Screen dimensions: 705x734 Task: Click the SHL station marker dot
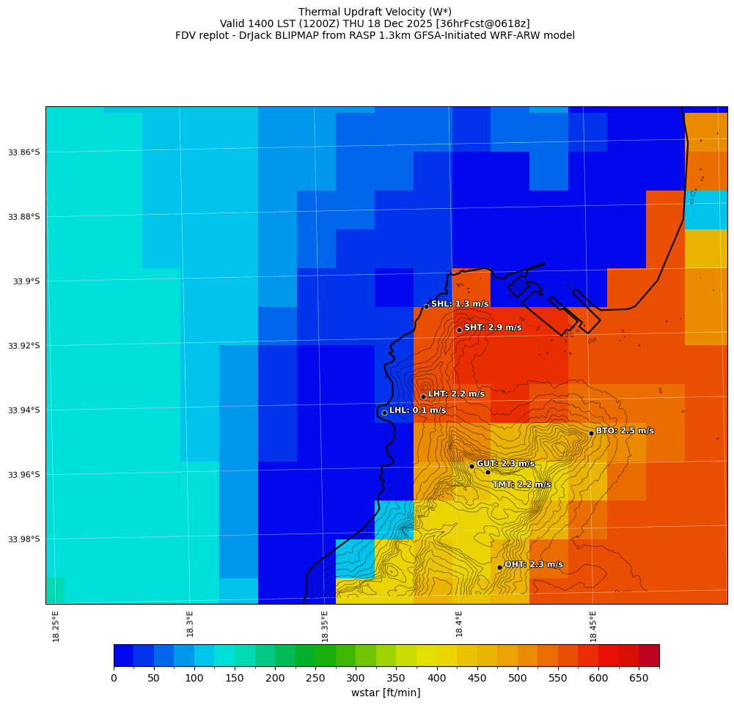pos(426,306)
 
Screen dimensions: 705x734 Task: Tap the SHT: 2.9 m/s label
pos(493,328)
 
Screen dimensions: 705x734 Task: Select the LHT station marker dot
pos(423,396)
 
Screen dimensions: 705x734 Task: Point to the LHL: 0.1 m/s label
pos(417,410)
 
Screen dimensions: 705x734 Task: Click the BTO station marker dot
pos(591,433)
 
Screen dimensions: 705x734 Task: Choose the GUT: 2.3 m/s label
pos(505,464)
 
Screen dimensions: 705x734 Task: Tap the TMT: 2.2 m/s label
pos(521,484)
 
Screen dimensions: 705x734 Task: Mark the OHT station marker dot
pos(499,567)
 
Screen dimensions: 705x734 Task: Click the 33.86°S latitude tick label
pos(24,152)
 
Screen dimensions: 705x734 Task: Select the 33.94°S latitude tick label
pos(24,410)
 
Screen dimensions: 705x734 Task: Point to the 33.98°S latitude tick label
pos(24,539)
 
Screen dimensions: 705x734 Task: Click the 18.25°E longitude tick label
pos(56,626)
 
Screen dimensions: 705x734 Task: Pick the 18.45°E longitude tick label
pos(593,626)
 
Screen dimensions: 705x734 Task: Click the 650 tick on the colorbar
pos(639,679)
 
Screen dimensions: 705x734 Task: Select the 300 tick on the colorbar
pos(356,679)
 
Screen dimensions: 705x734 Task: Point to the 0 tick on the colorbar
pos(114,679)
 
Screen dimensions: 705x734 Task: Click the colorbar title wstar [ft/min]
pos(386,693)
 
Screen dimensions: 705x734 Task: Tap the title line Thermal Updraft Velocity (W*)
pos(375,12)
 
